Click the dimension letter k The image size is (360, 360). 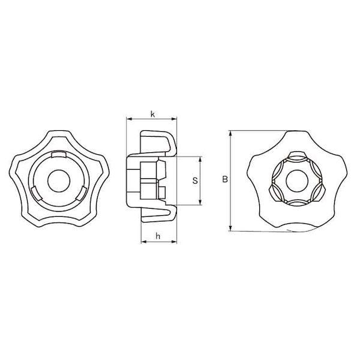tap(152, 114)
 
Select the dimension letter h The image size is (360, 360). tap(158, 236)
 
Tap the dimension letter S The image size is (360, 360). tap(195, 181)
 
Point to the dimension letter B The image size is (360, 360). tap(225, 179)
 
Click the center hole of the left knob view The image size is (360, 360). tap(59, 181)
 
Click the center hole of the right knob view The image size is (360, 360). tap(298, 181)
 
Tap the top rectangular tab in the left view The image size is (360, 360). tap(59, 155)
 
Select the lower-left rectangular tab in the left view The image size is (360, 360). tap(36, 193)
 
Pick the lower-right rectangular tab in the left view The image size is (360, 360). tap(82, 193)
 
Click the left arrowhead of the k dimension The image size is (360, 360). tap(129, 119)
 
